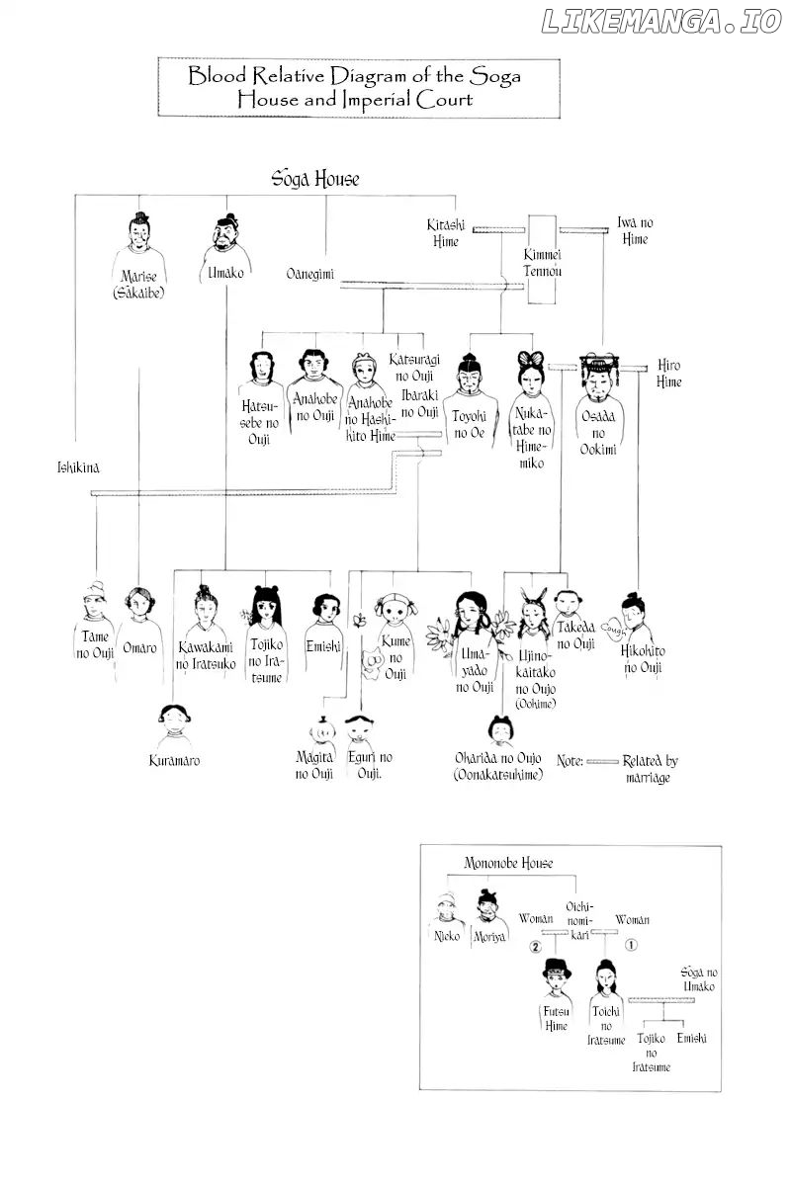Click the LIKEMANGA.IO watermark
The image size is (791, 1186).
point(661,22)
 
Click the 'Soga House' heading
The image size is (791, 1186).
point(315,179)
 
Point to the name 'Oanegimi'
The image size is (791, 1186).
point(309,274)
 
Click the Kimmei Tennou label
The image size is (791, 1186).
point(542,263)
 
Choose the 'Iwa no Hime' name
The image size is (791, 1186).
point(635,231)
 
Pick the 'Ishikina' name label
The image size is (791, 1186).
point(78,467)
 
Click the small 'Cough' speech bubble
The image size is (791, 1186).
point(613,629)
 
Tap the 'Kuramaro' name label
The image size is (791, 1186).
point(174,761)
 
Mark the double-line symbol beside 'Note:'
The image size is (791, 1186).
point(602,762)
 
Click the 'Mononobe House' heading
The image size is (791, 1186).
point(508,863)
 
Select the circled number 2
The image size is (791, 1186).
point(535,947)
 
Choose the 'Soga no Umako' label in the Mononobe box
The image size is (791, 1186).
point(698,979)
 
